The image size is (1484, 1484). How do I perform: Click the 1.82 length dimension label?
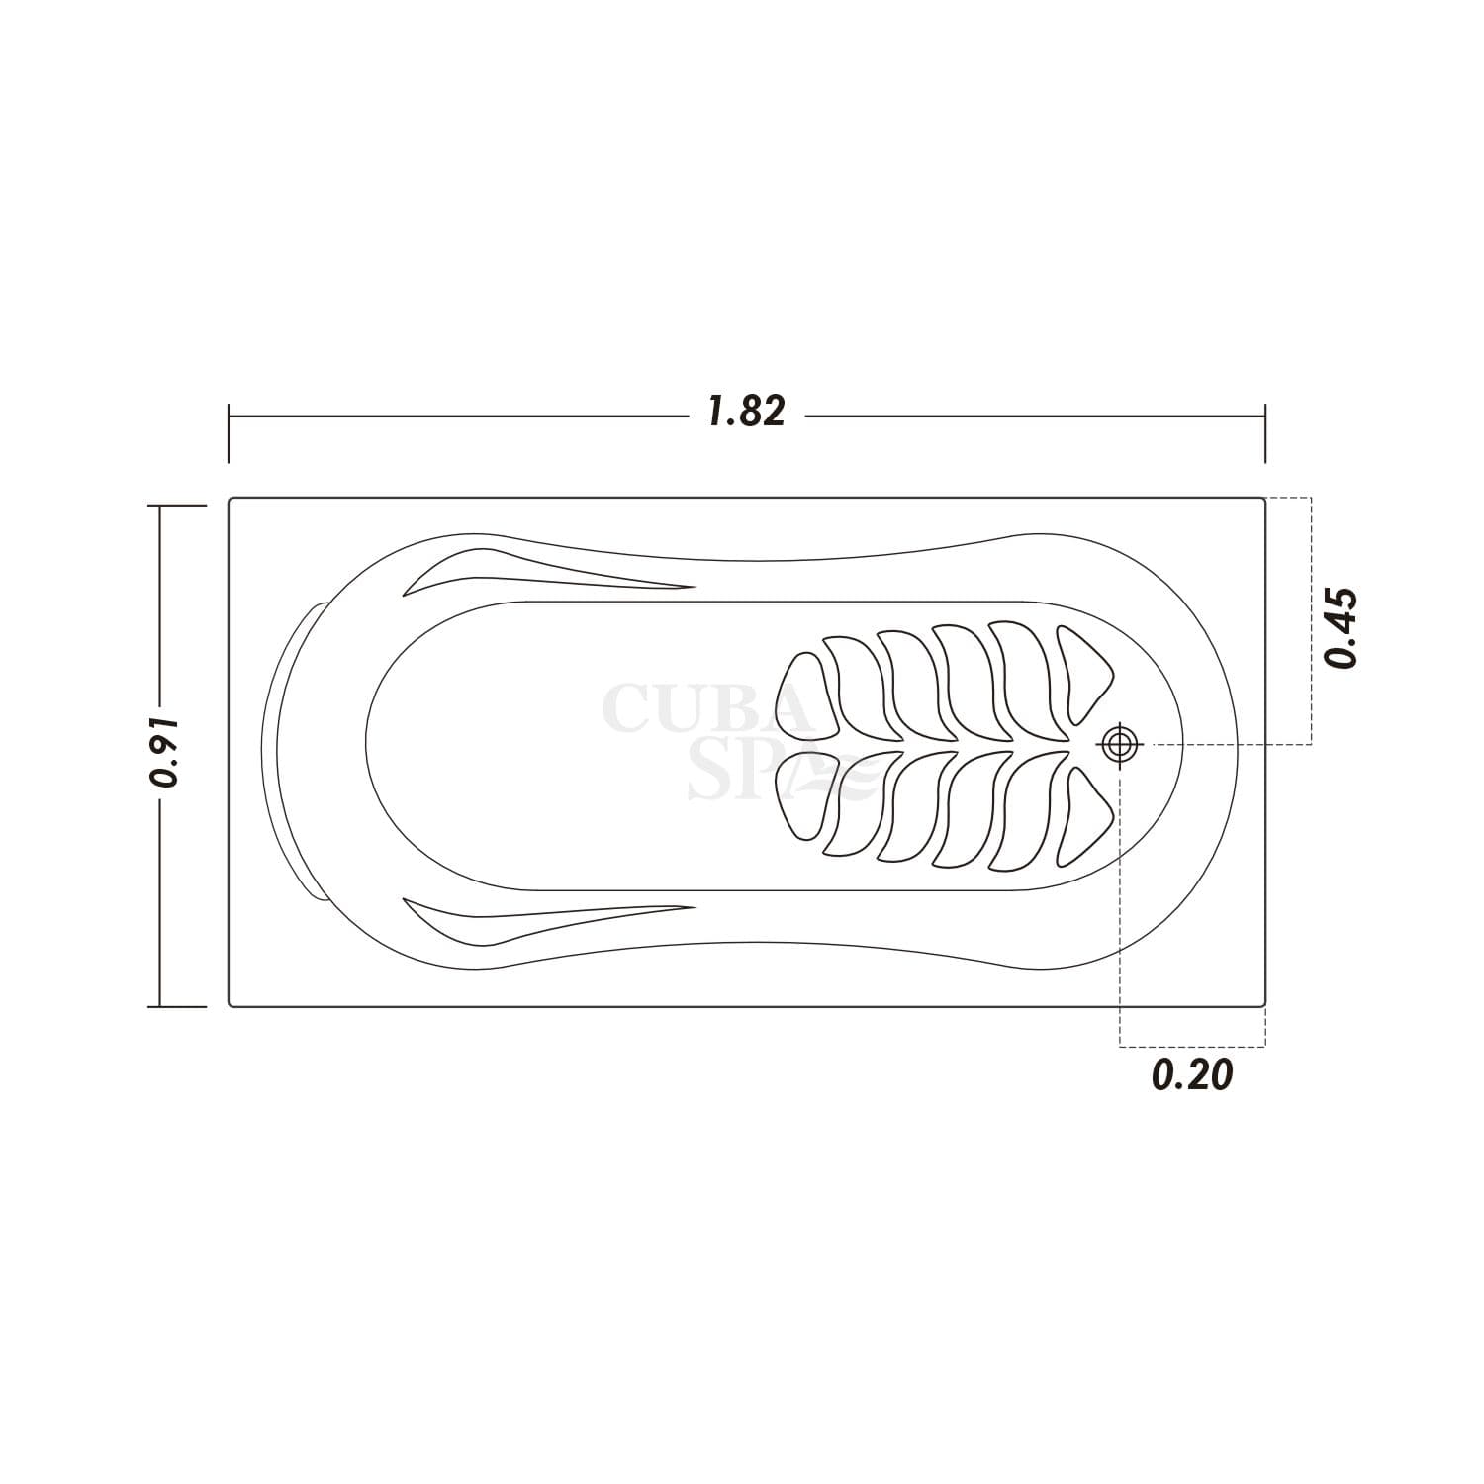click(747, 412)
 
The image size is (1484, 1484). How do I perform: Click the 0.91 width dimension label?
click(163, 751)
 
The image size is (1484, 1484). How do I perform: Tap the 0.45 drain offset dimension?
click(1343, 628)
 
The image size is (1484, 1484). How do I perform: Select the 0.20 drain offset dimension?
click(1192, 1074)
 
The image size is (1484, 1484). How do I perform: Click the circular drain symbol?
click(1120, 743)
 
